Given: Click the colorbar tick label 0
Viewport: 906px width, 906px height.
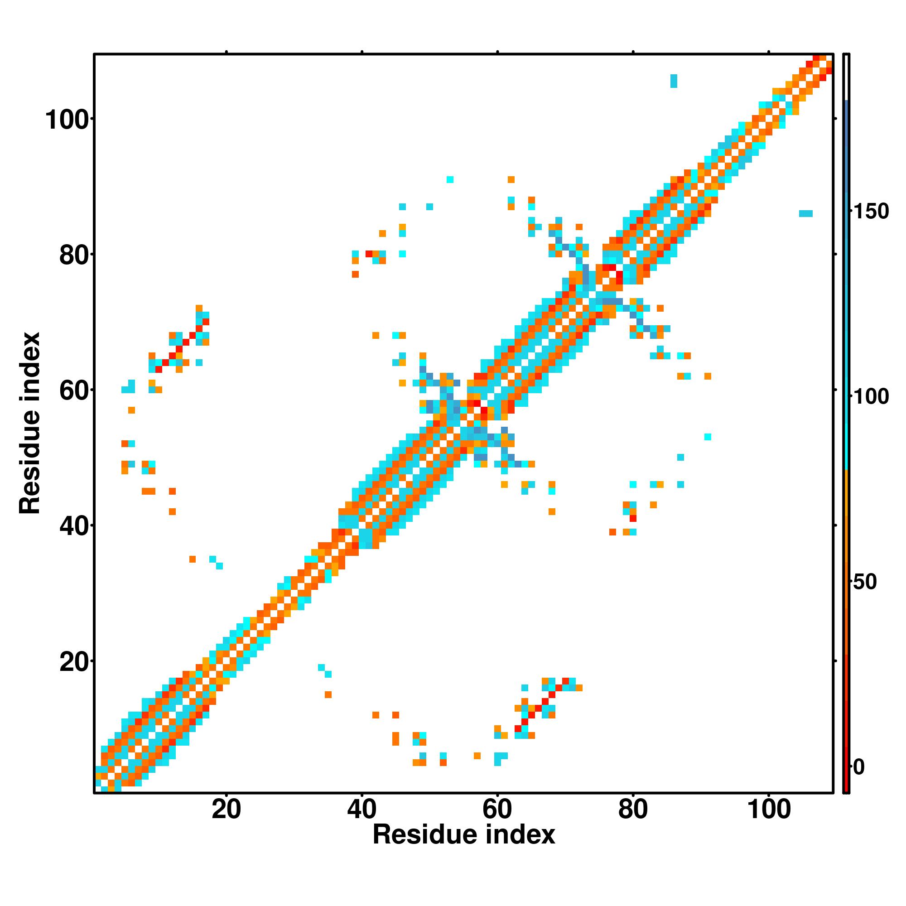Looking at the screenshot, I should (x=859, y=768).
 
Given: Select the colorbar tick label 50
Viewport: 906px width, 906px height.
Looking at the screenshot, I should (x=865, y=582).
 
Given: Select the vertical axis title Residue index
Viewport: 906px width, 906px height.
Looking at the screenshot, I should (x=30, y=423).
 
